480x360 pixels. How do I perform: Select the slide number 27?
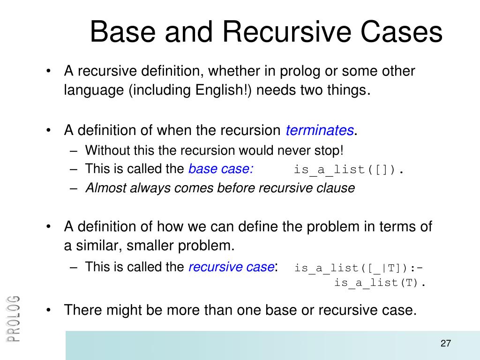tap(445, 344)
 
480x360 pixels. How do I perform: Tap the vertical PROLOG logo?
tap(14, 319)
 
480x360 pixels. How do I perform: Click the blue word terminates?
tap(320, 130)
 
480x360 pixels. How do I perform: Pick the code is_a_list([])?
tap(349, 170)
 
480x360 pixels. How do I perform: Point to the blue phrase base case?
tap(221, 169)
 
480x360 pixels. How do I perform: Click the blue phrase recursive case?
tap(231, 267)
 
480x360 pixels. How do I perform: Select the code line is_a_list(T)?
tap(380, 283)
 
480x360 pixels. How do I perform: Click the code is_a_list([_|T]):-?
tap(359, 268)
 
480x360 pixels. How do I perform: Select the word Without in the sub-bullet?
tap(104, 151)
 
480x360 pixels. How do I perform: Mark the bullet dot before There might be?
tap(49, 310)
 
